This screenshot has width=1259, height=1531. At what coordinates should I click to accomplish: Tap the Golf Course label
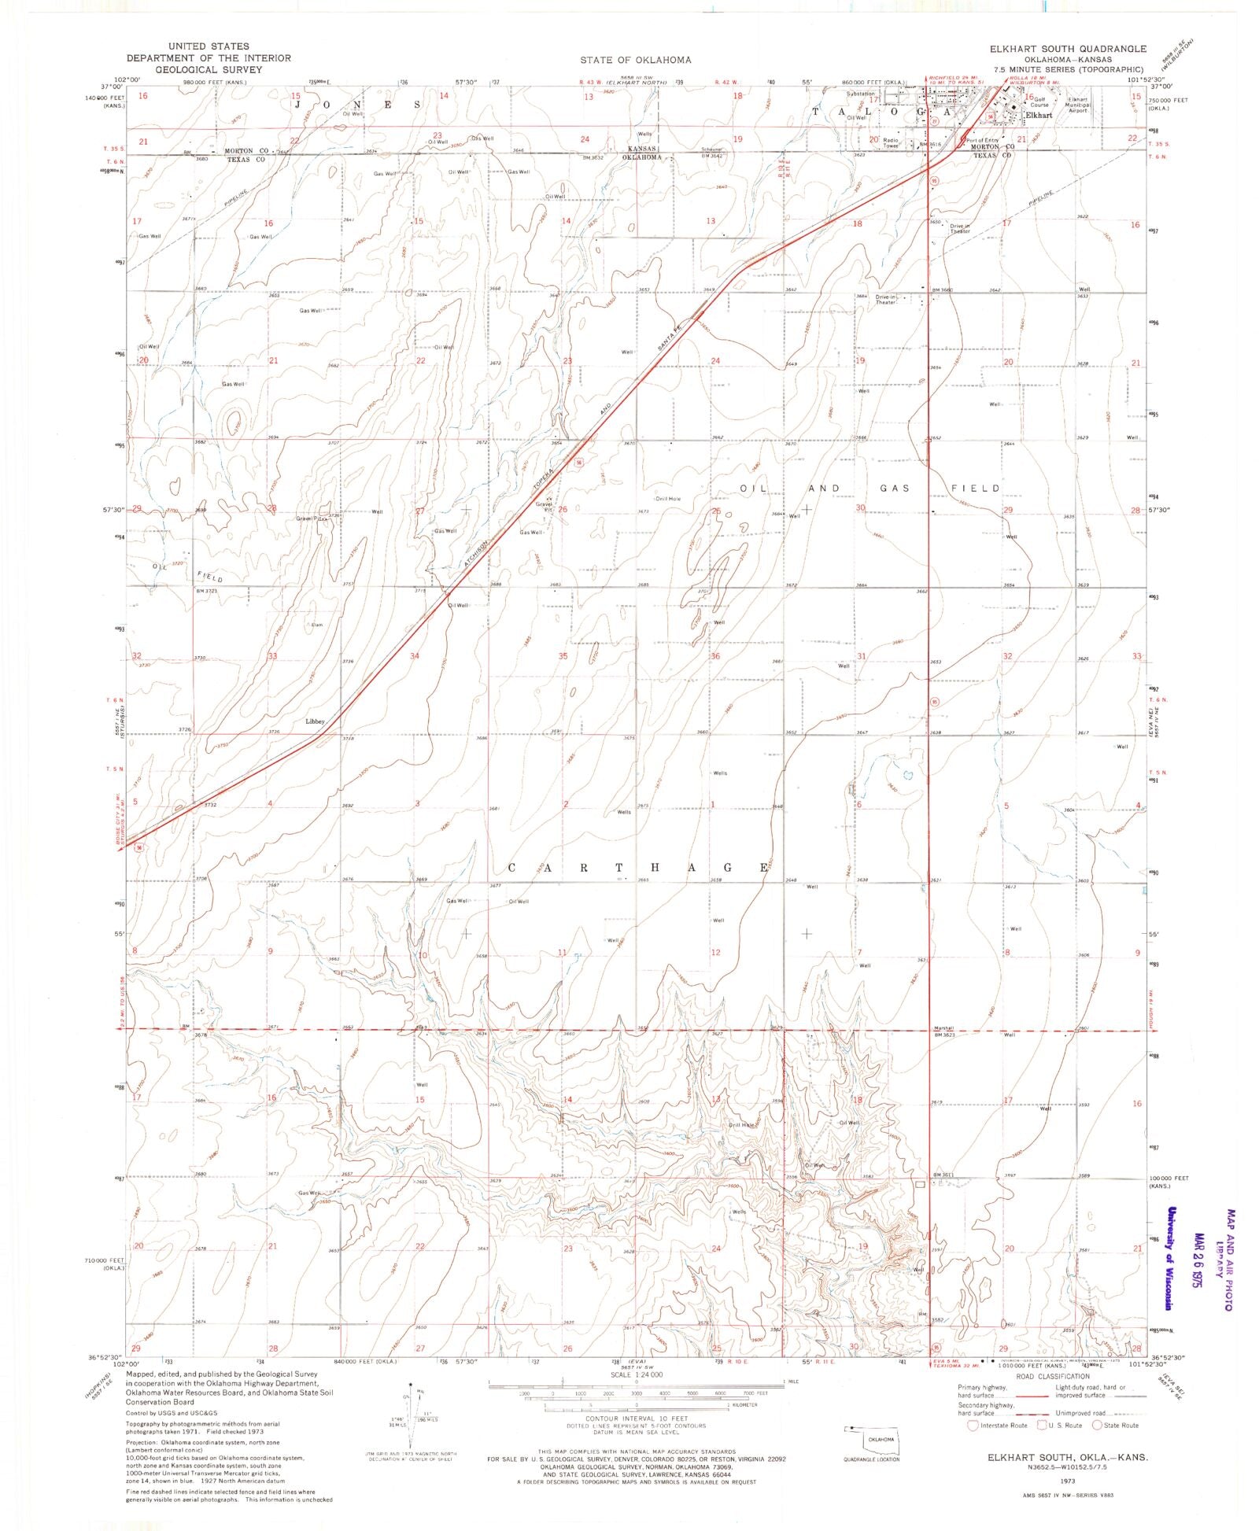pyautogui.click(x=1043, y=102)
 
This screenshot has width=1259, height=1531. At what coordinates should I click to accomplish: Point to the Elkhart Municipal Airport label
pyautogui.click(x=1077, y=105)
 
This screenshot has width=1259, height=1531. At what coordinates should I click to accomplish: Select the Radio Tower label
pyautogui.click(x=891, y=142)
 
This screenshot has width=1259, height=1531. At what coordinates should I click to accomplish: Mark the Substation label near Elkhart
pyautogui.click(x=859, y=94)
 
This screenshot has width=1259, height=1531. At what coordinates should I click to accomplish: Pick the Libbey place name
pyautogui.click(x=316, y=721)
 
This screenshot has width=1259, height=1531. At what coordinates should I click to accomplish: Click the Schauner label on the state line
pyautogui.click(x=713, y=150)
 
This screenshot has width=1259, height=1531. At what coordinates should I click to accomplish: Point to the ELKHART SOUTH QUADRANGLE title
pyautogui.click(x=1068, y=49)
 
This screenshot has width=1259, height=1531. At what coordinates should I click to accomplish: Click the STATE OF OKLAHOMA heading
pyautogui.click(x=636, y=60)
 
